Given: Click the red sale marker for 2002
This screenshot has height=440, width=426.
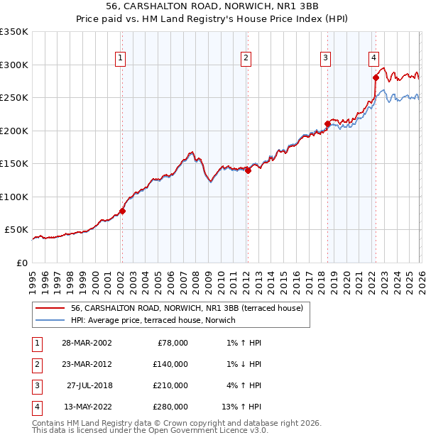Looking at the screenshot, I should (x=122, y=211).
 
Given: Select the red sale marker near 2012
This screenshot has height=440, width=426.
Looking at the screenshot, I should (x=248, y=170).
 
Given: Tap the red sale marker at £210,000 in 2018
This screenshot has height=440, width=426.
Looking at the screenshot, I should (x=327, y=123).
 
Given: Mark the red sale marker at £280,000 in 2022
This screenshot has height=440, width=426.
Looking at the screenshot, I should (x=376, y=77).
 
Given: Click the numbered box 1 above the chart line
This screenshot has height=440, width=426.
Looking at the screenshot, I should (x=120, y=59).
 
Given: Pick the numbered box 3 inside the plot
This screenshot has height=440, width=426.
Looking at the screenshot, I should (x=325, y=59).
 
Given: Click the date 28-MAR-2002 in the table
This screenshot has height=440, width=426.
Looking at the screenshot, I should (x=87, y=342).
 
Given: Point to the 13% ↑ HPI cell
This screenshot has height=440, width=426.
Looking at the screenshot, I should (x=241, y=407).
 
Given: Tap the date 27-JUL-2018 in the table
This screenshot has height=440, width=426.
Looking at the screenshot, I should (x=89, y=385).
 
